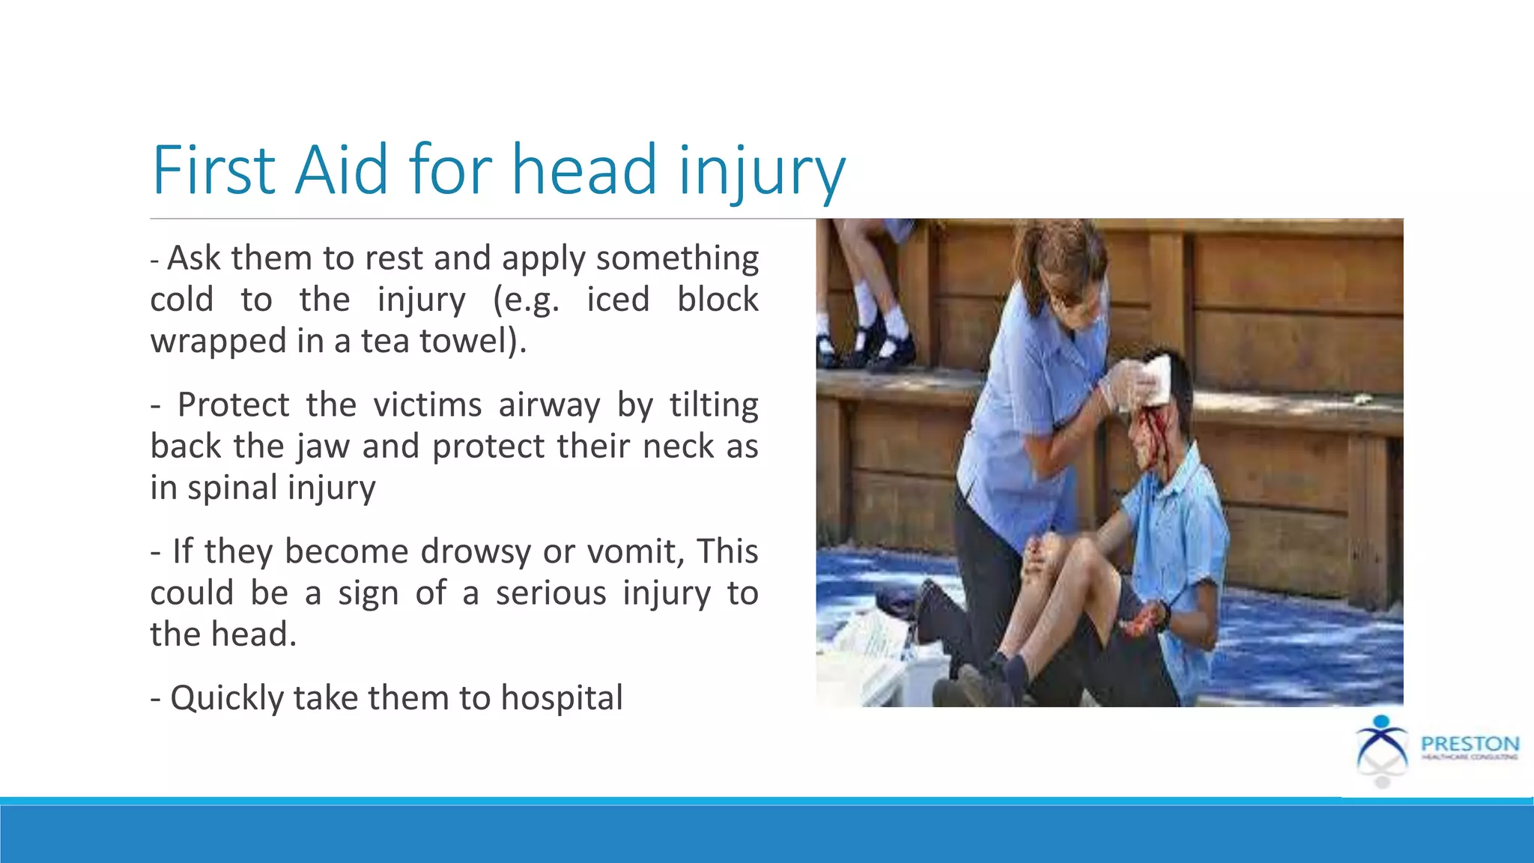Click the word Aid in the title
[341, 170]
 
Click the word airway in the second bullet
[549, 405]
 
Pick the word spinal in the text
[232, 488]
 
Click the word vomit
[635, 552]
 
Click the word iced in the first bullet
[617, 300]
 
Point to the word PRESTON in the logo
[1470, 744]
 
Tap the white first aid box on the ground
[876, 659]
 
